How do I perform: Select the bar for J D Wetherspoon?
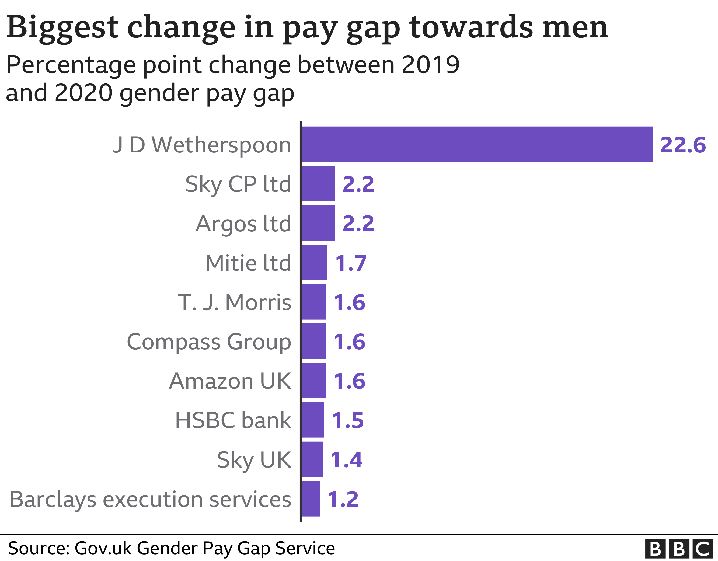point(477,144)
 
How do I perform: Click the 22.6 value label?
point(683,145)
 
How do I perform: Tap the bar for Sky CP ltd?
point(318,184)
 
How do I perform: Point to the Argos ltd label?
point(243,224)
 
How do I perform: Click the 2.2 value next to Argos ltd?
point(358,224)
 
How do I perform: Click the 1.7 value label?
point(350,263)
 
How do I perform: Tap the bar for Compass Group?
point(314,341)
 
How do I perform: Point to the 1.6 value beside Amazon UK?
point(349,381)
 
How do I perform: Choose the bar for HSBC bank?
point(313,420)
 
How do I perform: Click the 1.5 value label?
point(348,420)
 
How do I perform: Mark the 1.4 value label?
point(346,459)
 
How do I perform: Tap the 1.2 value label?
point(343,499)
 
